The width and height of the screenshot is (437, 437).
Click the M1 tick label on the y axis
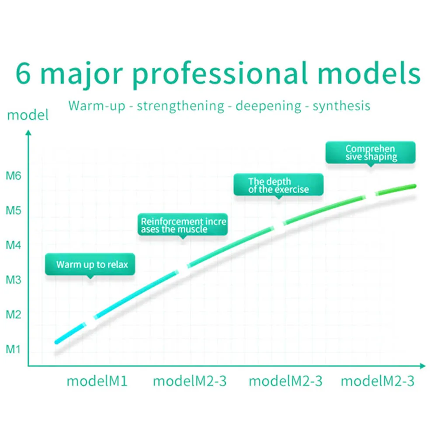tap(13, 349)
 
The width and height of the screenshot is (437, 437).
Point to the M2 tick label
tap(14, 315)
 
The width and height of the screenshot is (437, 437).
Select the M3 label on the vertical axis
tap(14, 280)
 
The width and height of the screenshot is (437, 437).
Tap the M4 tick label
tap(14, 245)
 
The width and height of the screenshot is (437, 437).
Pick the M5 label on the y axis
tap(14, 211)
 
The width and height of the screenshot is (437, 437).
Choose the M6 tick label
tap(14, 176)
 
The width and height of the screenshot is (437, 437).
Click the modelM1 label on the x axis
tap(97, 381)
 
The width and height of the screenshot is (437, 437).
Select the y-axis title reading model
tap(28, 115)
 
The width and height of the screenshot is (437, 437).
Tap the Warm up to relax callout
tap(90, 265)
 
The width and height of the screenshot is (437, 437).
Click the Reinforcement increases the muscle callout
tap(183, 225)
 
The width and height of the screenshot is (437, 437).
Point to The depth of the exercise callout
tap(278, 185)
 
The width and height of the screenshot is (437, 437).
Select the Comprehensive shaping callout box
tap(371, 153)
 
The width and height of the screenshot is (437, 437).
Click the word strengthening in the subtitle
tap(180, 106)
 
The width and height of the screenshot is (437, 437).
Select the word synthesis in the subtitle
tap(341, 106)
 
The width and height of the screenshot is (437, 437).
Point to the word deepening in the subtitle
tap(268, 106)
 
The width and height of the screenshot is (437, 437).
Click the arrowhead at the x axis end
tap(423, 366)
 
